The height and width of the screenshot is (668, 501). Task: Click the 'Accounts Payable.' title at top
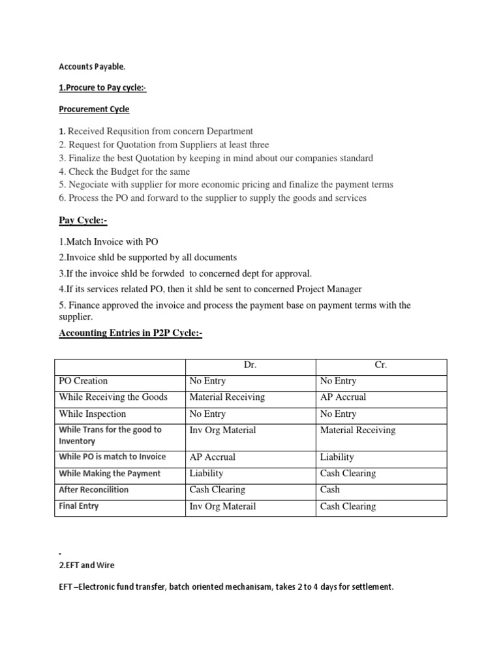point(89,67)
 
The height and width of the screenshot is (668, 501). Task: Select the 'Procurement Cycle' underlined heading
point(94,109)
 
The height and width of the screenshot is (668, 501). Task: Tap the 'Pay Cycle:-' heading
point(83,221)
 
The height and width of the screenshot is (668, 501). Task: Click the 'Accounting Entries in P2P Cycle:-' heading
point(130,333)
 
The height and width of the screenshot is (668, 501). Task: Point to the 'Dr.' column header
point(250,365)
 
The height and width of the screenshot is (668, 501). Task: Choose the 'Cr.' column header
point(381,365)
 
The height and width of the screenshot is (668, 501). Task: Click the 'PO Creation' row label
point(83,381)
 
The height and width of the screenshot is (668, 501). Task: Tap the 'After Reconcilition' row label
point(93,489)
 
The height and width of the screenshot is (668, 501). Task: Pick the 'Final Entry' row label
point(79,506)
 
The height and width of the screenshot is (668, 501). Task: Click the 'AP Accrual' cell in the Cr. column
point(343,397)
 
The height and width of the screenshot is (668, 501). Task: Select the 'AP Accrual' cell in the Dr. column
point(213,457)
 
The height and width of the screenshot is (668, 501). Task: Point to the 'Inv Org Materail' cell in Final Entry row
point(222,506)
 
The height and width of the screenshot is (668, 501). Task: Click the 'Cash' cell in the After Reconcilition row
point(330,489)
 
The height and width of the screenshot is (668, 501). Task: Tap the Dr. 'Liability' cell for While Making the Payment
point(206,473)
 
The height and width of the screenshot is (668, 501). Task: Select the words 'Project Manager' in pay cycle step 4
point(326,288)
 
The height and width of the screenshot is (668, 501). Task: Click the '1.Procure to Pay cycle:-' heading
point(105,88)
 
